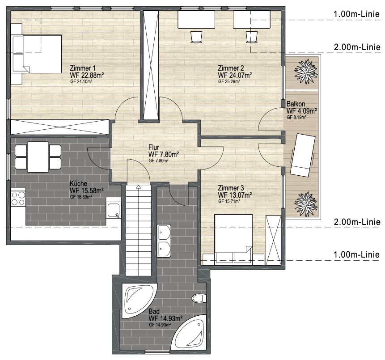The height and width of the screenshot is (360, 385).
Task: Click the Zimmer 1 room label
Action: pyautogui.click(x=82, y=68)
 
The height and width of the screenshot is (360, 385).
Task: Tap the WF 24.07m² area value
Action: pyautogui.click(x=235, y=75)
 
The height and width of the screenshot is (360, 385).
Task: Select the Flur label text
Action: pyautogui.click(x=154, y=147)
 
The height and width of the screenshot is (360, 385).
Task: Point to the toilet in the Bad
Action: pyautogui.click(x=199, y=298)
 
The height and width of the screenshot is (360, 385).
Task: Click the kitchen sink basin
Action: pyautogui.click(x=113, y=210)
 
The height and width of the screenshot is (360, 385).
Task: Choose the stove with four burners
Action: pyautogui.click(x=18, y=199)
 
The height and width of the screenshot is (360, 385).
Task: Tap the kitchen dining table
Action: pyautogui.click(x=38, y=157)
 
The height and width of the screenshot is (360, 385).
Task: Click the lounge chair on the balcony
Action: pyautogui.click(x=302, y=155)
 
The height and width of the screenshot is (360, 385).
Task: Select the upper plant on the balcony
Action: pyautogui.click(x=306, y=72)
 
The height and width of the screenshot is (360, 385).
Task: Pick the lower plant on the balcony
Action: pyautogui.click(x=306, y=204)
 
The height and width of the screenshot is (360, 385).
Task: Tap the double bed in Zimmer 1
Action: pyautogui.click(x=37, y=54)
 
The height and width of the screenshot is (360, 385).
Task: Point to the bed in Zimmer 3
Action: pyautogui.click(x=233, y=240)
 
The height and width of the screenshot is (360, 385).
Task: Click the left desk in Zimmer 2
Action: pyautogui.click(x=196, y=19)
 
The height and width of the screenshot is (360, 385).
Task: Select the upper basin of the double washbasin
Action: pyautogui.click(x=164, y=232)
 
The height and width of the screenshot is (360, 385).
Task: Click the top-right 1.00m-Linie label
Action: pyautogui.click(x=356, y=14)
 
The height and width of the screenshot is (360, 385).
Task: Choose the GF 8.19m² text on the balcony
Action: pyautogui.click(x=296, y=117)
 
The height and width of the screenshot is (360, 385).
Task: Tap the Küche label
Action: pyautogui.click(x=78, y=183)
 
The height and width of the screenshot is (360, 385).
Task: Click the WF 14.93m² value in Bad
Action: pyautogui.click(x=165, y=318)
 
